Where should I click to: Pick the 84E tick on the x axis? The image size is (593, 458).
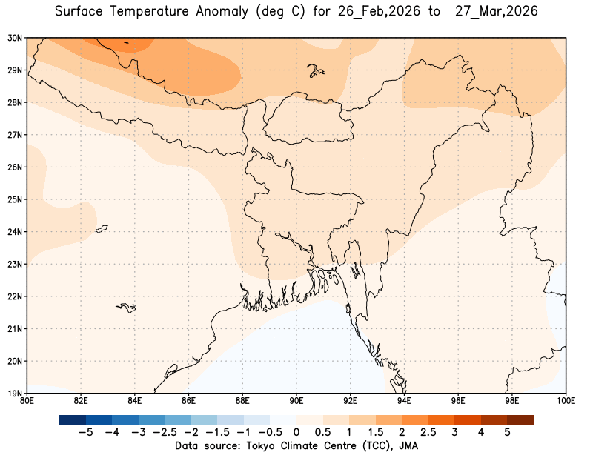(135, 401)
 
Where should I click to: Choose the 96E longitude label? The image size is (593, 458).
(458, 401)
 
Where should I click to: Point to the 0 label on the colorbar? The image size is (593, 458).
(296, 432)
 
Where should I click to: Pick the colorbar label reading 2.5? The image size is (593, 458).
(428, 432)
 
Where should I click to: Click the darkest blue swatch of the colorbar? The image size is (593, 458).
(72, 419)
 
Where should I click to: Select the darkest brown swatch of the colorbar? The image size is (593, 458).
(520, 419)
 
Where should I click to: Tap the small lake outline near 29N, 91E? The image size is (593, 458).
(317, 71)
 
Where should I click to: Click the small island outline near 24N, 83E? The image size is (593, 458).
(102, 228)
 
